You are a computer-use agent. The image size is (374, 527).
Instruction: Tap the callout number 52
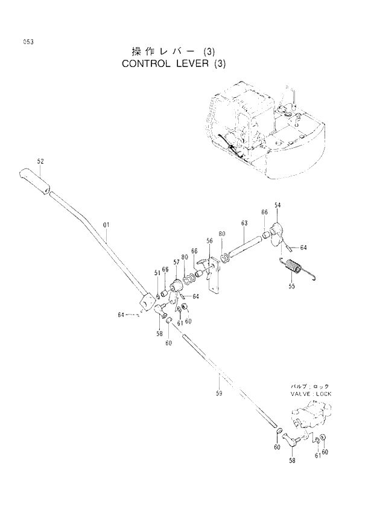[40, 161]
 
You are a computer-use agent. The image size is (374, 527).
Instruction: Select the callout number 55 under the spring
[291, 286]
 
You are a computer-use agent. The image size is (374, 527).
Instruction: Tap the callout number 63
[244, 223]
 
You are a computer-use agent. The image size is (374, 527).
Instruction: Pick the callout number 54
[277, 206]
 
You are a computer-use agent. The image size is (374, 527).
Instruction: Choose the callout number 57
[176, 262]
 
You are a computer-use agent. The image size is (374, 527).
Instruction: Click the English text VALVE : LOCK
[310, 394]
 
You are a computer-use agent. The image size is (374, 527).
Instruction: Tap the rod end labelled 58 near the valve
[294, 444]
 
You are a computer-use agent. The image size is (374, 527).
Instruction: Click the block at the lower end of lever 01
[147, 302]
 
